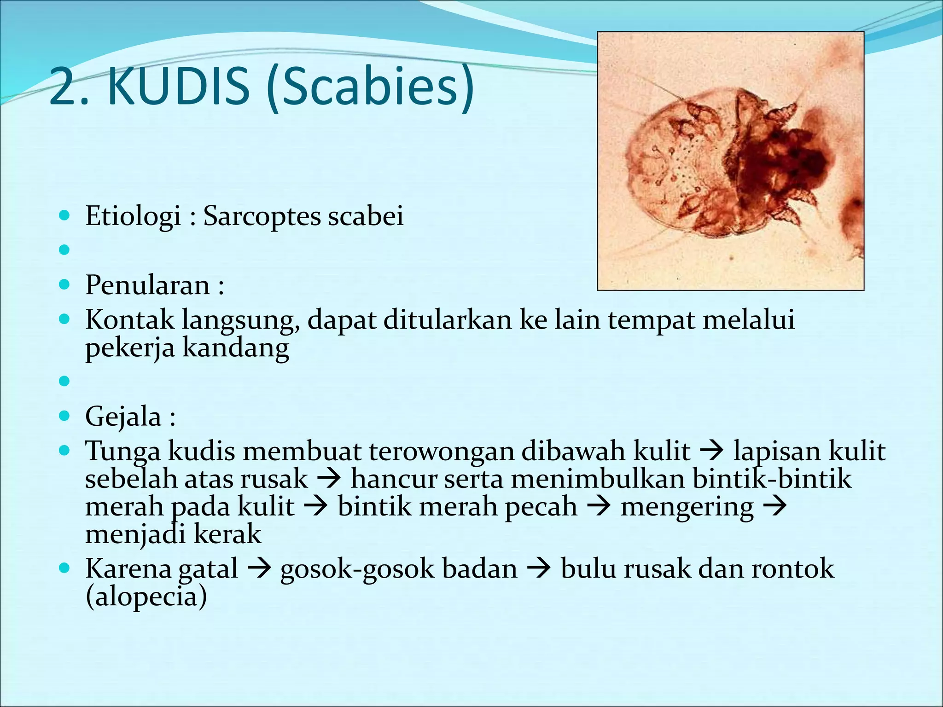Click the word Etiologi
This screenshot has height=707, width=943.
click(x=133, y=216)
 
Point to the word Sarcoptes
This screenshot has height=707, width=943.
click(x=261, y=216)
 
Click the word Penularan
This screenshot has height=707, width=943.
click(x=148, y=285)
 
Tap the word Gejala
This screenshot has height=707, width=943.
click(x=123, y=417)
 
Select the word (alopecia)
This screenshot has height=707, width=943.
click(x=146, y=597)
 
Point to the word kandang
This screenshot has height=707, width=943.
click(x=236, y=348)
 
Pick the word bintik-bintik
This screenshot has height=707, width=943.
click(x=772, y=479)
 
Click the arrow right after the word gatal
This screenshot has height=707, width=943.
click(x=259, y=569)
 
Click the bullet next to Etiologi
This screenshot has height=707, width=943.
click(x=64, y=215)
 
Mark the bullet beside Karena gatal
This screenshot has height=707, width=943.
click(x=64, y=568)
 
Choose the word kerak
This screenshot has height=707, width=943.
click(x=227, y=534)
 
